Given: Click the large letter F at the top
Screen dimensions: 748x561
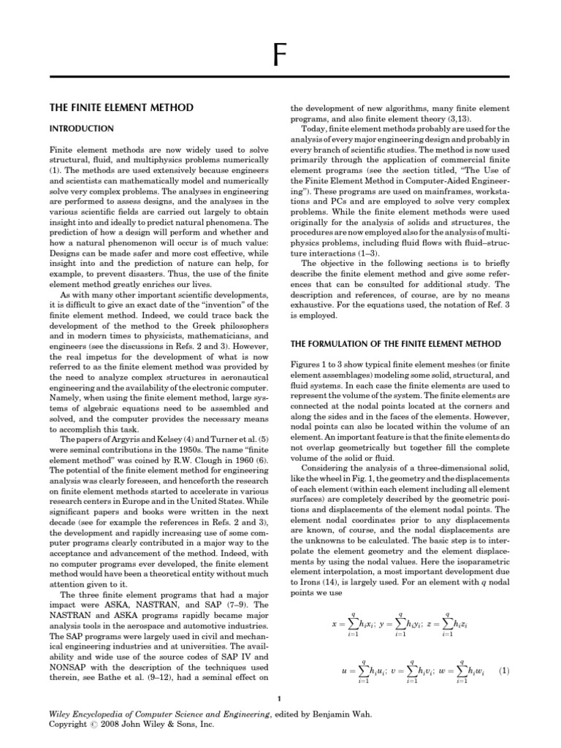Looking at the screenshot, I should (x=279, y=56).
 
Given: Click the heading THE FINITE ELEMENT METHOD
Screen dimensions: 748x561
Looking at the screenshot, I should (x=121, y=107).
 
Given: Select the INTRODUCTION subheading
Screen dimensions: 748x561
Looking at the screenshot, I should (x=81, y=129).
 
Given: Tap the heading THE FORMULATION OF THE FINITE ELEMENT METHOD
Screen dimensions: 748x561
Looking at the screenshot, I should (x=396, y=343).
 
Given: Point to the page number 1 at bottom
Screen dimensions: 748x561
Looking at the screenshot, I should (x=280, y=701).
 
